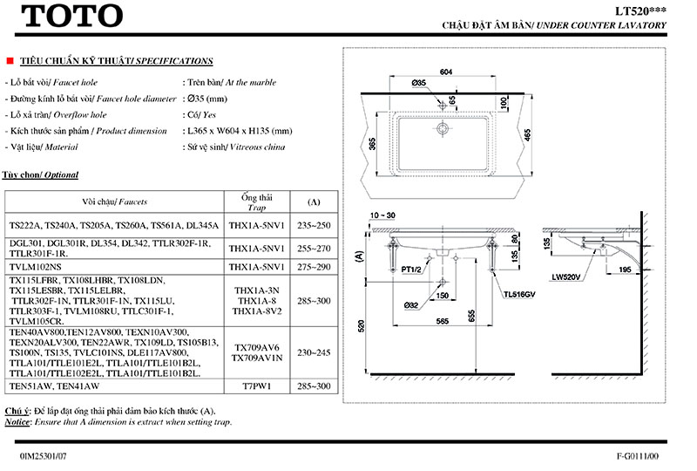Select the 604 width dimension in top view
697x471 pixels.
(x=446, y=73)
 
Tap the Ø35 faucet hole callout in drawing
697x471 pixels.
(x=419, y=82)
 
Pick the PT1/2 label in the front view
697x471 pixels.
(x=412, y=271)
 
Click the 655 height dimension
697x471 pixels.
(x=471, y=315)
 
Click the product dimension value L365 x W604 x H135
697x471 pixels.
(x=237, y=131)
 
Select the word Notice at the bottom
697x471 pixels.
(x=17, y=422)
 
